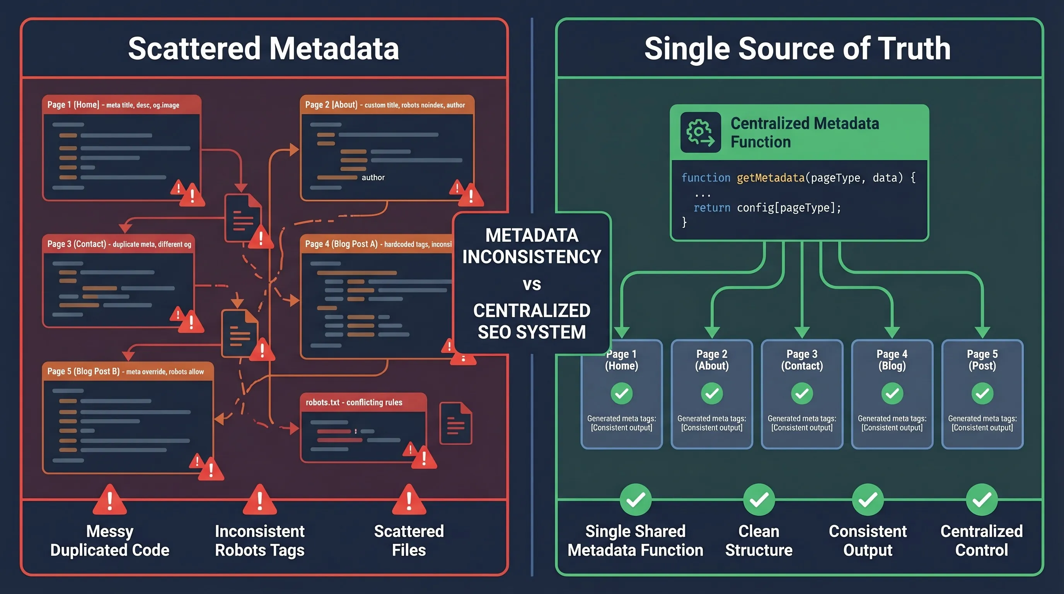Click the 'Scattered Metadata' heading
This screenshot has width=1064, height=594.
pos(264,49)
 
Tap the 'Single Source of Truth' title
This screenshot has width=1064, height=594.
pos(797,49)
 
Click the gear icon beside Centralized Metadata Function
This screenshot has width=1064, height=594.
pos(700,132)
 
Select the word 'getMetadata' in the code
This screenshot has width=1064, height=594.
pos(770,178)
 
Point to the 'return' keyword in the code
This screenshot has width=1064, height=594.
pos(712,208)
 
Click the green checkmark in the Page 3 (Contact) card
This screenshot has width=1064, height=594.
pos(802,393)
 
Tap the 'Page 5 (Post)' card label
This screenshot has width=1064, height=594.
pos(982,360)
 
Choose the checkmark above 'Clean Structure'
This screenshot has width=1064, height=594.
pos(759,500)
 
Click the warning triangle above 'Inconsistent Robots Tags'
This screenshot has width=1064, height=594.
pos(260,501)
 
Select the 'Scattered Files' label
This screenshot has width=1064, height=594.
pos(409,540)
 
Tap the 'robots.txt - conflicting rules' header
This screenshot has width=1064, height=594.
pos(354,402)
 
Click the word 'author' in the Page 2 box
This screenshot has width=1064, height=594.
pos(373,178)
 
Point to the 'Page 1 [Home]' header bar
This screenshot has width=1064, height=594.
pos(121,105)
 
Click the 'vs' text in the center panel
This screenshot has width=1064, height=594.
pos(532,284)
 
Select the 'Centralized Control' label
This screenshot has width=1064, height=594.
pos(981,540)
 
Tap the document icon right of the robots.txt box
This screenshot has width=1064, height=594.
pos(455,423)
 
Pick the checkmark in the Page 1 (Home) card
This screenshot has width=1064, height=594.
pos(621,393)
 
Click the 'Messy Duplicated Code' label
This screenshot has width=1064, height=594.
pos(110,540)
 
